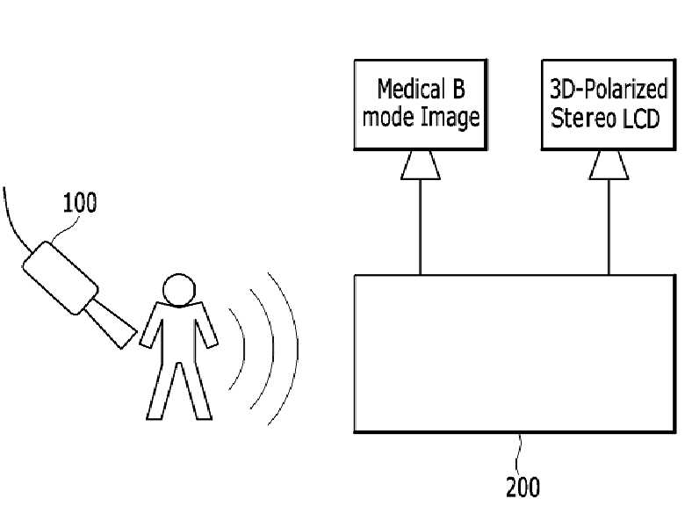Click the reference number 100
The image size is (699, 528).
pos(79,203)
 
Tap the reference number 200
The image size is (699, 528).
pos(522,486)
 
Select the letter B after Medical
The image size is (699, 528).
pos(458,89)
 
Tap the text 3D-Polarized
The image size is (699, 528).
pos(609,90)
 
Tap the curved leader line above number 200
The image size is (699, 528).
pos(519,453)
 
